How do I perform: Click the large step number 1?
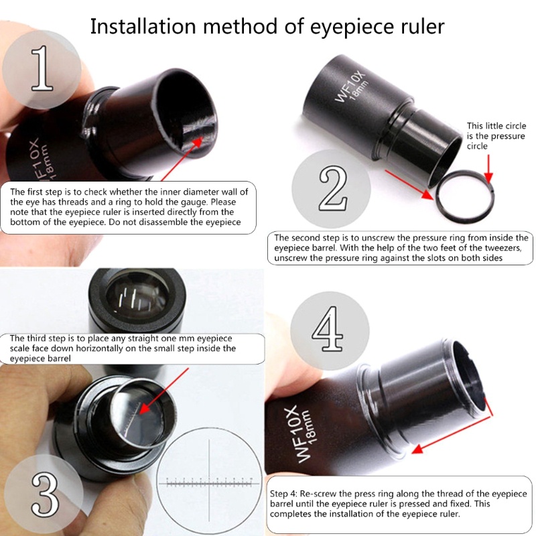[x=42, y=69]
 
